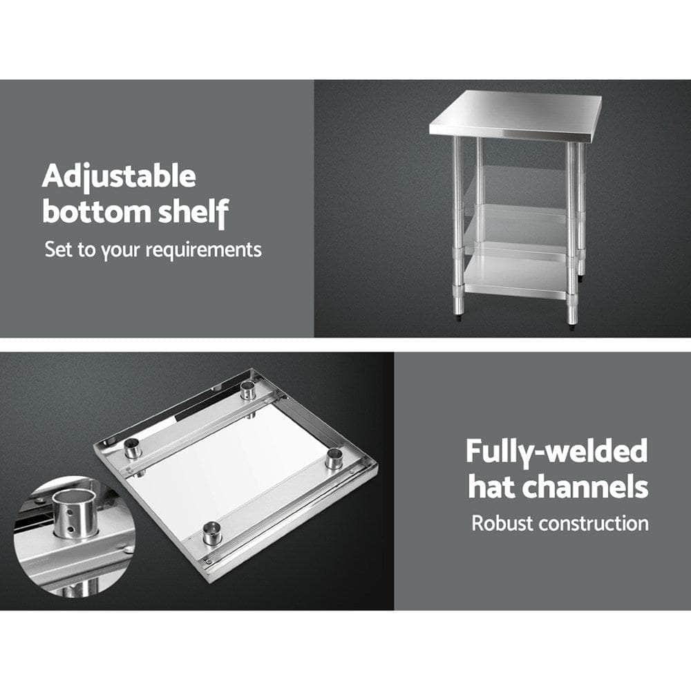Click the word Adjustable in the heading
119,178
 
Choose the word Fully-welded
556,452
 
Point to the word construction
594,523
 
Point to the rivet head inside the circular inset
126,549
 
